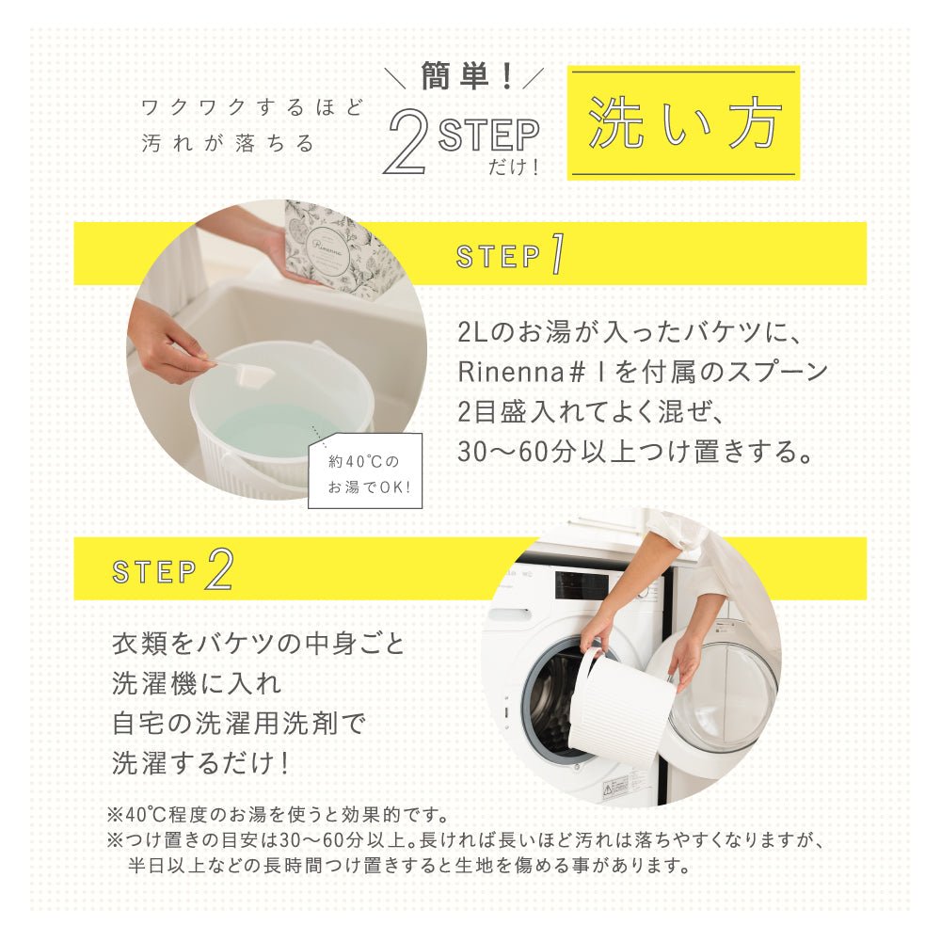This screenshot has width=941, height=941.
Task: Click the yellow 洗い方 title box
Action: [x=683, y=122]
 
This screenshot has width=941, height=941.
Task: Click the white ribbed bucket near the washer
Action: [x=622, y=706]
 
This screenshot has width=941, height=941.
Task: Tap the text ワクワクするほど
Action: [x=251, y=106]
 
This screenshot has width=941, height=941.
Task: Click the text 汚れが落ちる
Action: [x=228, y=144]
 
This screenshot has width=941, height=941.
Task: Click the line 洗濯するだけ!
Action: [x=199, y=761]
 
